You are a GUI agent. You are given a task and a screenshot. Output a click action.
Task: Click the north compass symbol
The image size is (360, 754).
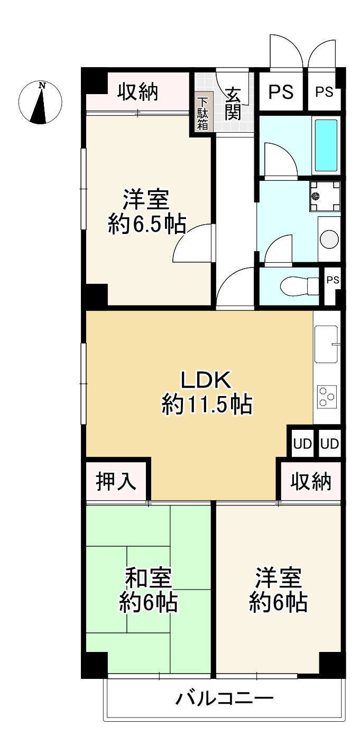tap(40, 103)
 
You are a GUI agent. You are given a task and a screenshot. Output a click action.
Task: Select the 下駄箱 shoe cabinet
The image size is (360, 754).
tap(203, 112)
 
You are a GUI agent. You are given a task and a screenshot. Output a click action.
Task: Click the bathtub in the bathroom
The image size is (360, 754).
tap(326, 145)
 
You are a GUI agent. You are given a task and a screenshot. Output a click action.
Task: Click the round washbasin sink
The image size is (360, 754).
tap(329, 239)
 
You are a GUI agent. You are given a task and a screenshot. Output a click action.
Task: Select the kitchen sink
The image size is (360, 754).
tap(326, 344)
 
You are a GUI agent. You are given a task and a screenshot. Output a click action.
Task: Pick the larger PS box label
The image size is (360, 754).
tap(281, 92)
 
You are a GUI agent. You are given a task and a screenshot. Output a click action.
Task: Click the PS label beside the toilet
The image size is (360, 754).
tap(332, 280)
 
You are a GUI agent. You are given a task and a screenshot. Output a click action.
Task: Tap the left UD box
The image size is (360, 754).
tap(302, 444)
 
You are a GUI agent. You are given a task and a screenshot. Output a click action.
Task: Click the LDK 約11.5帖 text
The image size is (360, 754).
tap(206, 392)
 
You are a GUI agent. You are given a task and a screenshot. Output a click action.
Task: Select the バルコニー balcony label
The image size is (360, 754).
tap(225, 700)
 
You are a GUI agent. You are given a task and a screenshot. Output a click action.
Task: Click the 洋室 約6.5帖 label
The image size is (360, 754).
tap(146, 213)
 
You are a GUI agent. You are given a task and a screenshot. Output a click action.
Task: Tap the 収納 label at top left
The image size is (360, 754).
tap(137, 93)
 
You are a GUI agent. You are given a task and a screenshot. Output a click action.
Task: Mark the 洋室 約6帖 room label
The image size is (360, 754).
tap(279, 590)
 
